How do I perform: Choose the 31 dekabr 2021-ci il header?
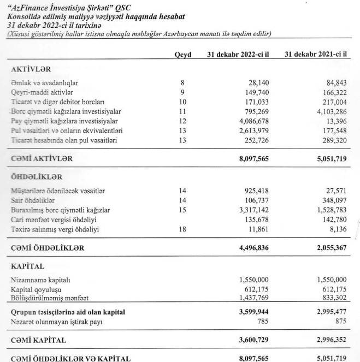coord(317,55)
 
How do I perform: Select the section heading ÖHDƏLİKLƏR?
coord(37,177)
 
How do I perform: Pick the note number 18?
coord(182,230)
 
